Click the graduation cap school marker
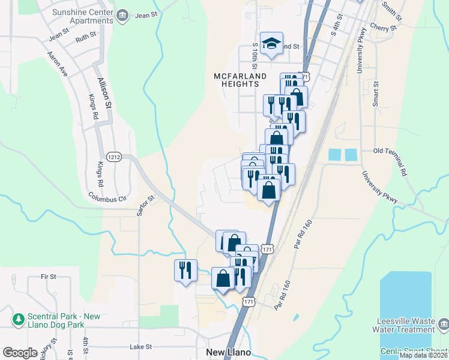[271, 44]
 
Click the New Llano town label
[228, 352]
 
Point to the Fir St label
[48, 277]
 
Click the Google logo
[20, 353]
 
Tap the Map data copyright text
[423, 355]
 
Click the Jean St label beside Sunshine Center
[146, 15]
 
